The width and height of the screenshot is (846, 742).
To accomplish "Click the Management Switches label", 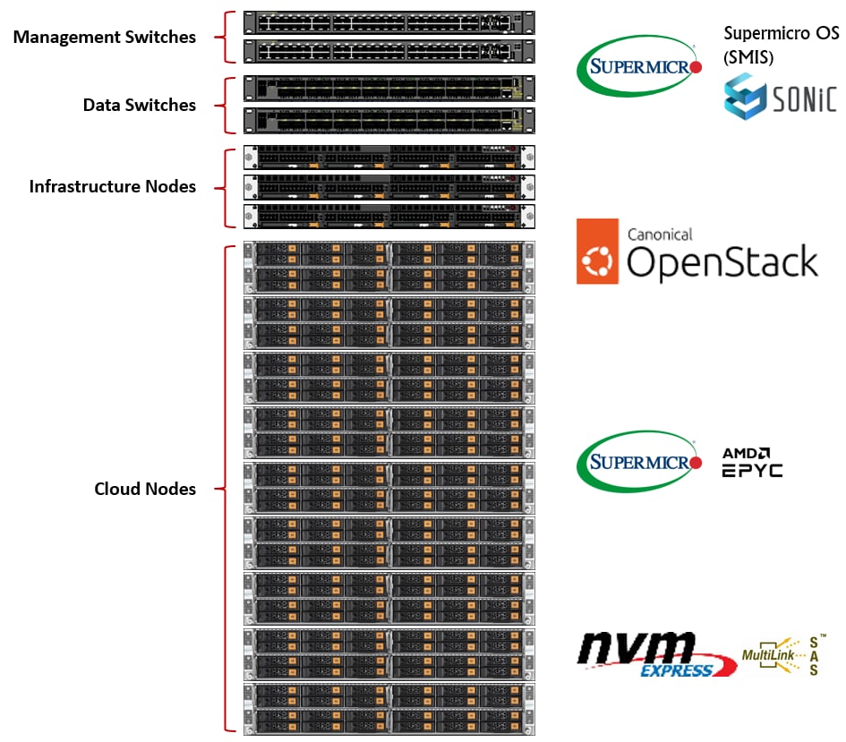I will (104, 38).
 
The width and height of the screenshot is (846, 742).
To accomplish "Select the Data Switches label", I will (139, 105).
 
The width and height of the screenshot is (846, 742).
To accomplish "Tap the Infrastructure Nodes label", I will (112, 186).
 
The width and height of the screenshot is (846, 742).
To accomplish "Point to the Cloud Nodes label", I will (145, 489).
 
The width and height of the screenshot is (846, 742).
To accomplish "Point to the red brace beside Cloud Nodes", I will (228, 489).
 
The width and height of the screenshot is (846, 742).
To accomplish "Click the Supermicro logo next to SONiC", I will (638, 67).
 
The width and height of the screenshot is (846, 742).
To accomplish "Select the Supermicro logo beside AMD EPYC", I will (638, 463).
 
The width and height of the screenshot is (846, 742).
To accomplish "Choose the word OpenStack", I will (722, 262).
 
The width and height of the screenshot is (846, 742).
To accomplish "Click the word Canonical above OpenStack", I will (660, 235).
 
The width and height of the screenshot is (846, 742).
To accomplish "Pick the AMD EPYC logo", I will (752, 462).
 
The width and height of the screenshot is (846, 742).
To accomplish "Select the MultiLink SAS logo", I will (781, 656).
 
